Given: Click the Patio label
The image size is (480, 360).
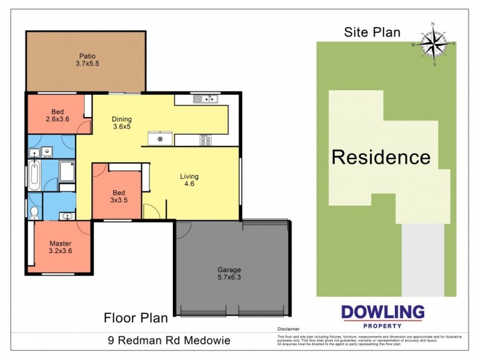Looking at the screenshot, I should [86, 59].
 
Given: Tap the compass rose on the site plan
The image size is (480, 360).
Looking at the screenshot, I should [433, 44].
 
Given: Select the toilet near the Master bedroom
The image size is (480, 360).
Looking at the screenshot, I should [35, 211].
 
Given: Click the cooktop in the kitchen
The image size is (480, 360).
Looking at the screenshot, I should [205, 140].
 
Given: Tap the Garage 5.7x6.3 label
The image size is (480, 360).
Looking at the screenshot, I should [230, 274].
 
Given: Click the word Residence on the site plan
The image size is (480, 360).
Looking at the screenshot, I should [381, 157].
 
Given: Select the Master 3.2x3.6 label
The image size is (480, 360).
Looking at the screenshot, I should [61, 247].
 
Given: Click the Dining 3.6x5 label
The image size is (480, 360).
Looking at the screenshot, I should [122, 123].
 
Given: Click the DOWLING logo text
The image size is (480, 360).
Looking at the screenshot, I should [382, 312].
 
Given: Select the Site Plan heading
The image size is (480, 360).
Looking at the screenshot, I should [372, 32].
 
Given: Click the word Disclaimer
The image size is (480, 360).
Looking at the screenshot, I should [288, 329].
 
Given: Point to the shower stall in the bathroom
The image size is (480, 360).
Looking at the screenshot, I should [67, 171].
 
